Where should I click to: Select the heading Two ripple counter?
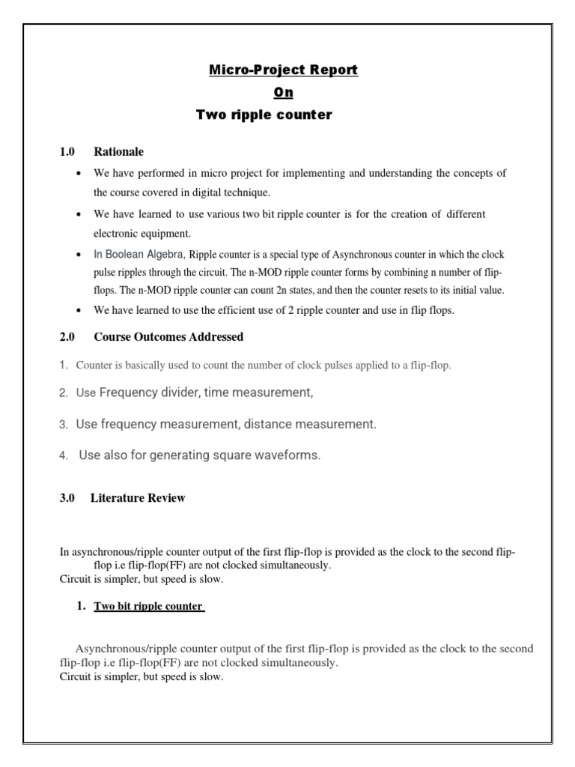click(264, 115)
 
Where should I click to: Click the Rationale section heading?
click(118, 152)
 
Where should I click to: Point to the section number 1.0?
click(68, 152)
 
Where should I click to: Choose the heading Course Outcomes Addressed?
click(168, 337)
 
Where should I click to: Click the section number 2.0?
click(68, 337)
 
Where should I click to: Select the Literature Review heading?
click(138, 498)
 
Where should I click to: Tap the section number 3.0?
click(68, 498)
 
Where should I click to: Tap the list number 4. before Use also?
click(65, 455)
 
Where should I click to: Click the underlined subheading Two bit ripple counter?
click(148, 606)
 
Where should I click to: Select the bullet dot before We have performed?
click(79, 174)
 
